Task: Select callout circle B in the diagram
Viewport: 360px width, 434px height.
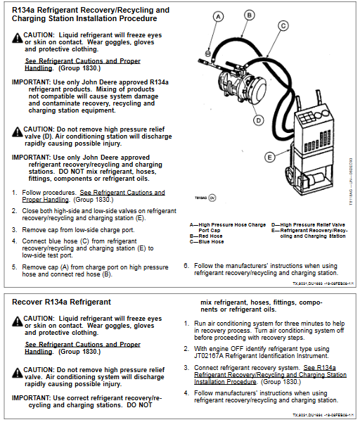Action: click(250, 14)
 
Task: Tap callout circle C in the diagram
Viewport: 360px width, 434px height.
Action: click(283, 25)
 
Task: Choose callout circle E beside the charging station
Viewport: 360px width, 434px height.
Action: click(269, 156)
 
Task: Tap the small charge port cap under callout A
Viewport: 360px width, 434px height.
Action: click(209, 51)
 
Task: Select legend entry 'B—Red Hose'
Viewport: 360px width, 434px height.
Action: click(207, 236)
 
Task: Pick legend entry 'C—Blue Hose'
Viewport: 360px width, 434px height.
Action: click(207, 241)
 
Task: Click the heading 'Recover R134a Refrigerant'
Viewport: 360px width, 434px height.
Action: click(62, 302)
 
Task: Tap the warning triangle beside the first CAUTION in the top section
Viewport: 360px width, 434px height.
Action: click(17, 37)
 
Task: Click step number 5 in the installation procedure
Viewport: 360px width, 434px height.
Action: click(15, 267)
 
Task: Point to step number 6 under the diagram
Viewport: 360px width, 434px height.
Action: click(186, 266)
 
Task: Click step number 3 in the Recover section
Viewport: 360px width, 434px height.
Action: click(186, 367)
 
